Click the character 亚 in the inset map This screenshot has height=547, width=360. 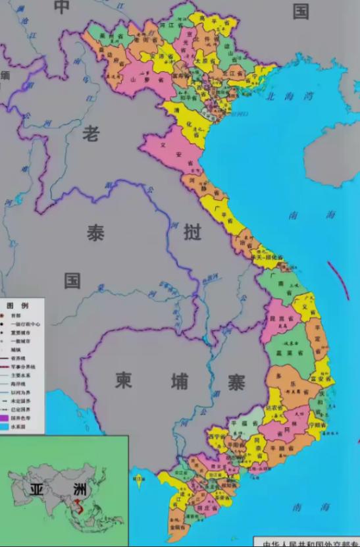37,490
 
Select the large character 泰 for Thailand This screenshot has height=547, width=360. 95,232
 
